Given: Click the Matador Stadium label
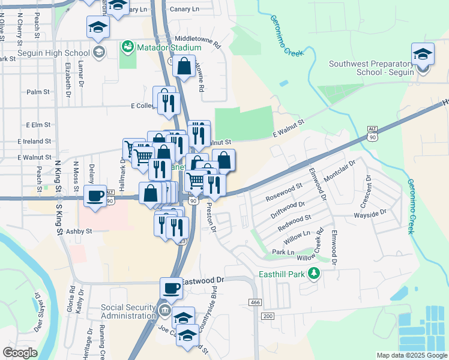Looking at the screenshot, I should click(x=169, y=47).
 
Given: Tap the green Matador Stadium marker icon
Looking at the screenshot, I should click(x=127, y=46).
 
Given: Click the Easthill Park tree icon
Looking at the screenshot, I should click(x=313, y=274).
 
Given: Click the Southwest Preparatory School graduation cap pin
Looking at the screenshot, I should click(x=423, y=55).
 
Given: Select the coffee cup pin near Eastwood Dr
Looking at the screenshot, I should click(x=172, y=288).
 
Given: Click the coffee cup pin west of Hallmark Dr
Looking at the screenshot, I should click(x=95, y=196).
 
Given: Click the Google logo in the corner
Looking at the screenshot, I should click(x=20, y=353).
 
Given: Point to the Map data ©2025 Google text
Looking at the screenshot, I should click(x=411, y=355).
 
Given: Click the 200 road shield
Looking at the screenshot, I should click(x=268, y=316).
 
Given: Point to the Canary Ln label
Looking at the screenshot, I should click(x=185, y=9).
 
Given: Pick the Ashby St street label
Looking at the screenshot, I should click(x=79, y=230).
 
